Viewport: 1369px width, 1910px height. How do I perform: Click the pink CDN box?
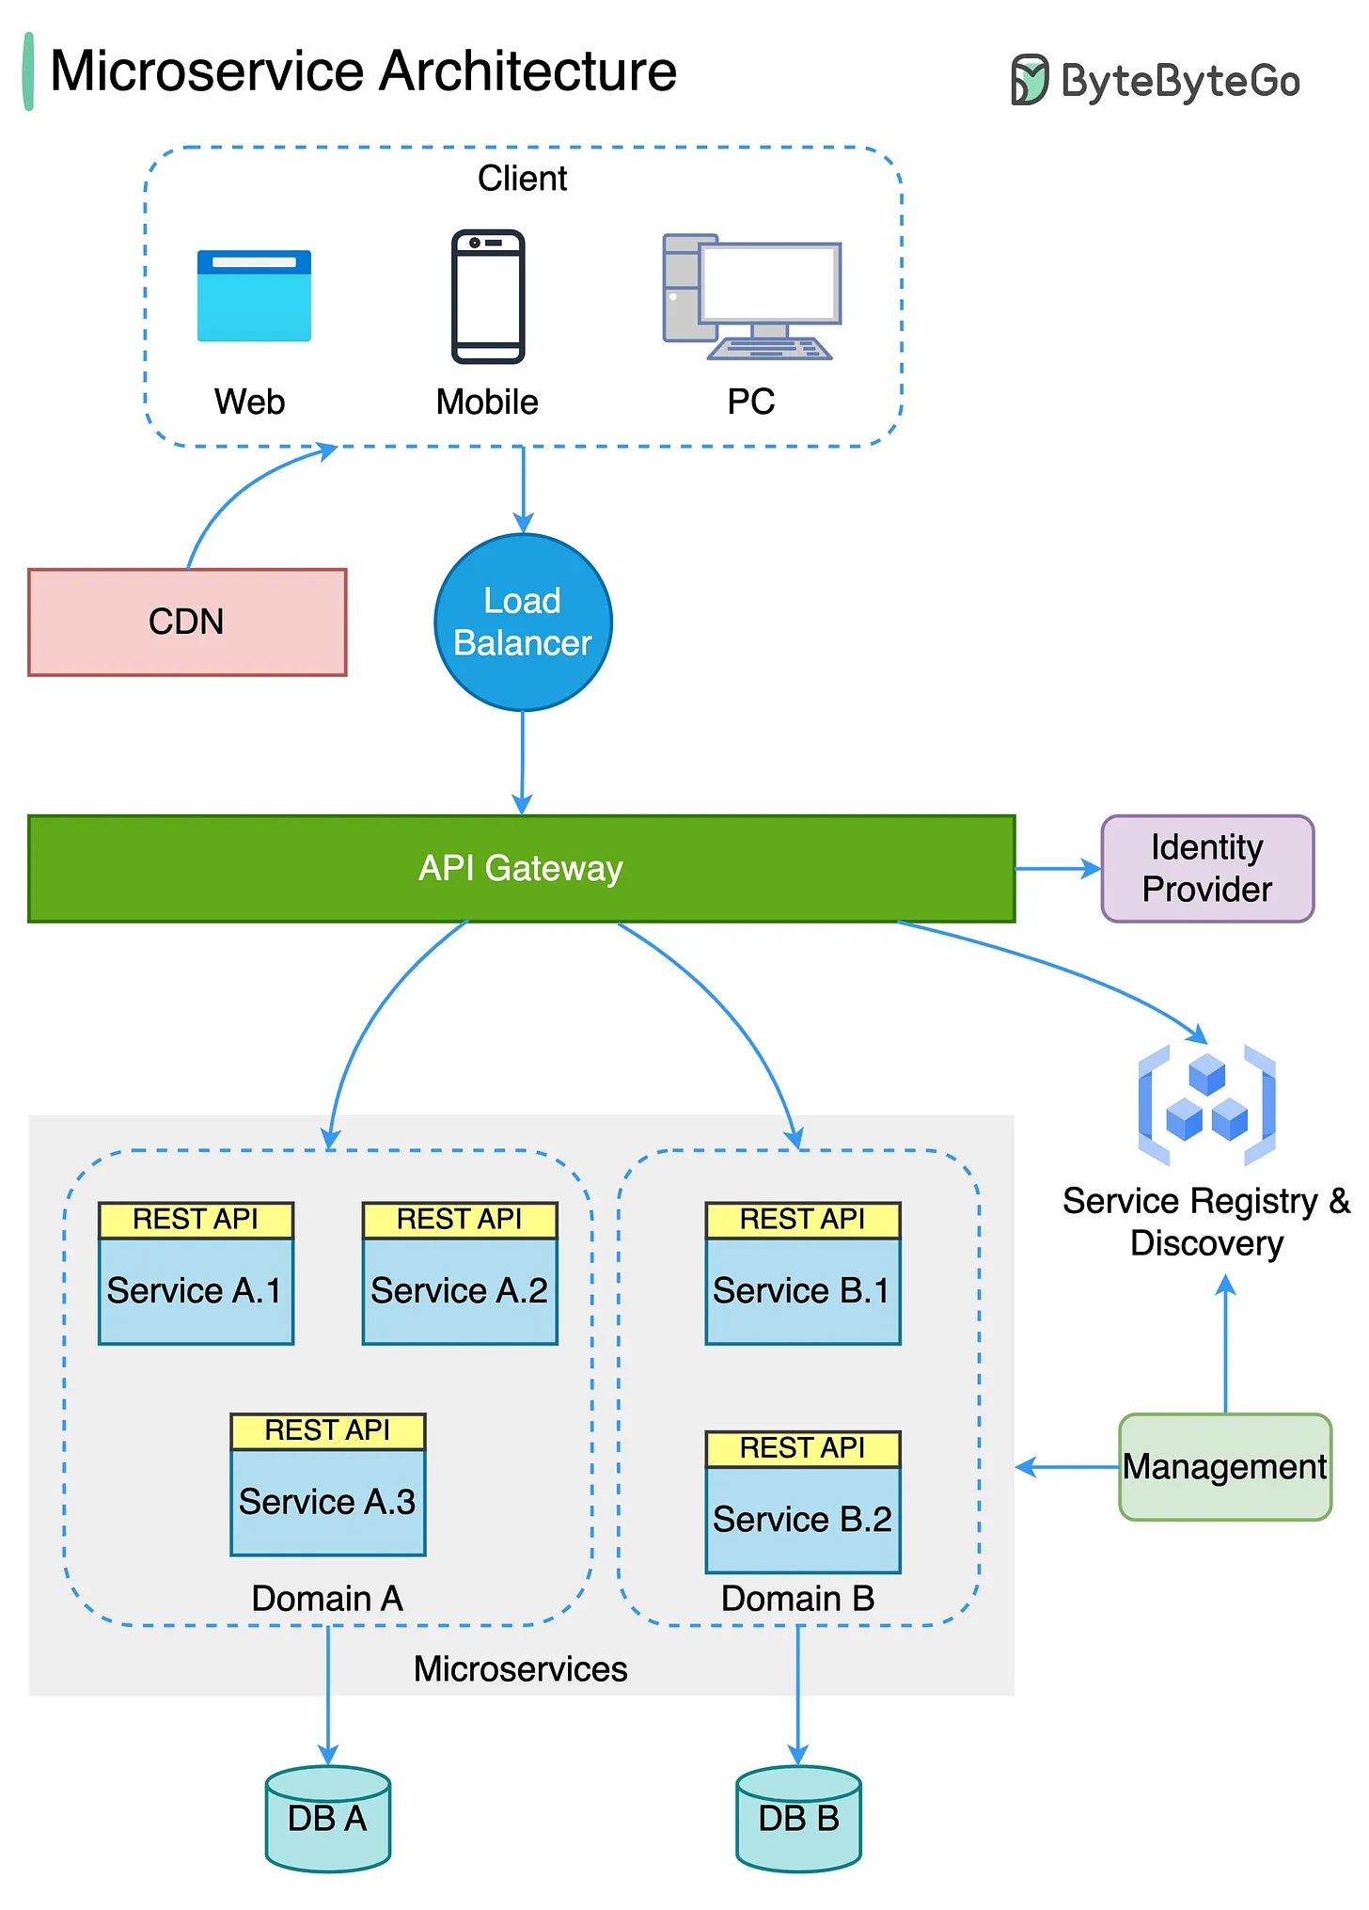pos(187,622)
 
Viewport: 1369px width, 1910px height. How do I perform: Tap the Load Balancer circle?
pos(523,623)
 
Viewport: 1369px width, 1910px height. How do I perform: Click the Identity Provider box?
pos(1206,868)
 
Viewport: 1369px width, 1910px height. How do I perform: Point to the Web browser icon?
pos(254,295)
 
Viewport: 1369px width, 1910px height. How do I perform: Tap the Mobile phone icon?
pos(488,296)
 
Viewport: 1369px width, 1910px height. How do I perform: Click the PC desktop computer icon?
pos(751,297)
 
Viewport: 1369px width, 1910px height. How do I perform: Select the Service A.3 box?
pos(327,1501)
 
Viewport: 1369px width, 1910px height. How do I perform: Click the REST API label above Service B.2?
pos(802,1448)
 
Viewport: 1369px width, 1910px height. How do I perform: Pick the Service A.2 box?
pos(460,1290)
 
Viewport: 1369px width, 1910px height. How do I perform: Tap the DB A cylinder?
pos(327,1818)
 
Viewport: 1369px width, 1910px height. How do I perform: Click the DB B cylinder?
pos(798,1818)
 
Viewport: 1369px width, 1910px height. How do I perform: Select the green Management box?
pos(1224,1466)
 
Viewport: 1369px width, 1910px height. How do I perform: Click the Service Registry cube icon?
pos(1206,1104)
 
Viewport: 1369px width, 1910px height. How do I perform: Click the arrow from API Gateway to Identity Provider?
pos(1057,869)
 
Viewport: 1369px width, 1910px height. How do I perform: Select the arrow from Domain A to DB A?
pos(327,1693)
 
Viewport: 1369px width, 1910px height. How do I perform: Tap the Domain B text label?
pos(797,1598)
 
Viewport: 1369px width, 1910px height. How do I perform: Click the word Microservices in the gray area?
pos(520,1668)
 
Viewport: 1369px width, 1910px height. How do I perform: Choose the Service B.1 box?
pos(802,1290)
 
